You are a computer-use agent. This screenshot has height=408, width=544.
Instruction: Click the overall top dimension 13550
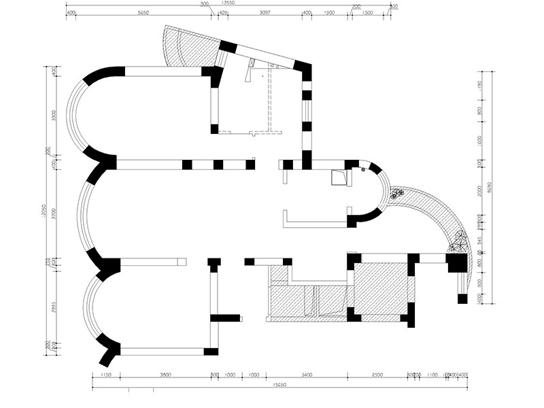click(x=228, y=3)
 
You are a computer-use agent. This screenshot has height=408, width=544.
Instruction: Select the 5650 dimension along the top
click(x=143, y=13)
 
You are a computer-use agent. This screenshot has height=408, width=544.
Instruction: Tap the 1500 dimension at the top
click(x=329, y=13)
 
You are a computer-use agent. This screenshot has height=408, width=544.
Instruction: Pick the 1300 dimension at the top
click(x=368, y=13)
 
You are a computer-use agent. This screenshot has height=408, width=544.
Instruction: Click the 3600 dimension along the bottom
click(x=165, y=375)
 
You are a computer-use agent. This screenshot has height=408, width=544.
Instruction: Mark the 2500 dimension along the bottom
click(x=377, y=375)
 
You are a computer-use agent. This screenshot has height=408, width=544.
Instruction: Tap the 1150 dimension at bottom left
click(x=105, y=375)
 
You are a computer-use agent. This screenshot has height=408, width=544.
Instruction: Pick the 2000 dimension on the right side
click(x=480, y=190)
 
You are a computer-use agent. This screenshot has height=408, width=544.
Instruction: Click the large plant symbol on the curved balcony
click(x=459, y=241)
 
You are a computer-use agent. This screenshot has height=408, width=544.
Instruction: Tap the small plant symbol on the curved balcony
click(x=397, y=194)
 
